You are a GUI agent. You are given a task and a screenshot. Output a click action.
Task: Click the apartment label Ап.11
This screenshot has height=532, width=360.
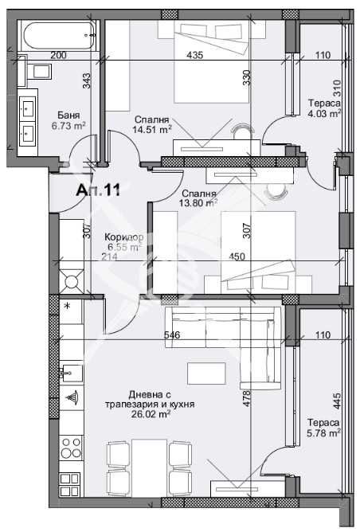[x=97, y=190]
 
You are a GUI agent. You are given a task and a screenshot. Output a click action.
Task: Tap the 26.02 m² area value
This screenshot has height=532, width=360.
[x=161, y=414]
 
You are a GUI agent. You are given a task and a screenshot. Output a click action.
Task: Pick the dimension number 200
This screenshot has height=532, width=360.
[x=57, y=55]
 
